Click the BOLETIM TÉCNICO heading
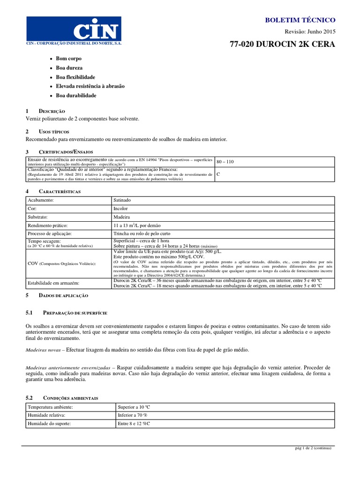click(300, 20)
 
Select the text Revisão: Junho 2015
click(311, 32)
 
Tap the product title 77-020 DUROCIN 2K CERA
click(282, 45)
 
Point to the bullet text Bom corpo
click(68, 59)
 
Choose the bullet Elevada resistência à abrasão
click(90, 86)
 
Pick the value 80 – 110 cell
click(225, 162)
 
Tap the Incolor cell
click(120, 209)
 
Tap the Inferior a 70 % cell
click(133, 415)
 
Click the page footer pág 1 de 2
click(310, 448)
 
